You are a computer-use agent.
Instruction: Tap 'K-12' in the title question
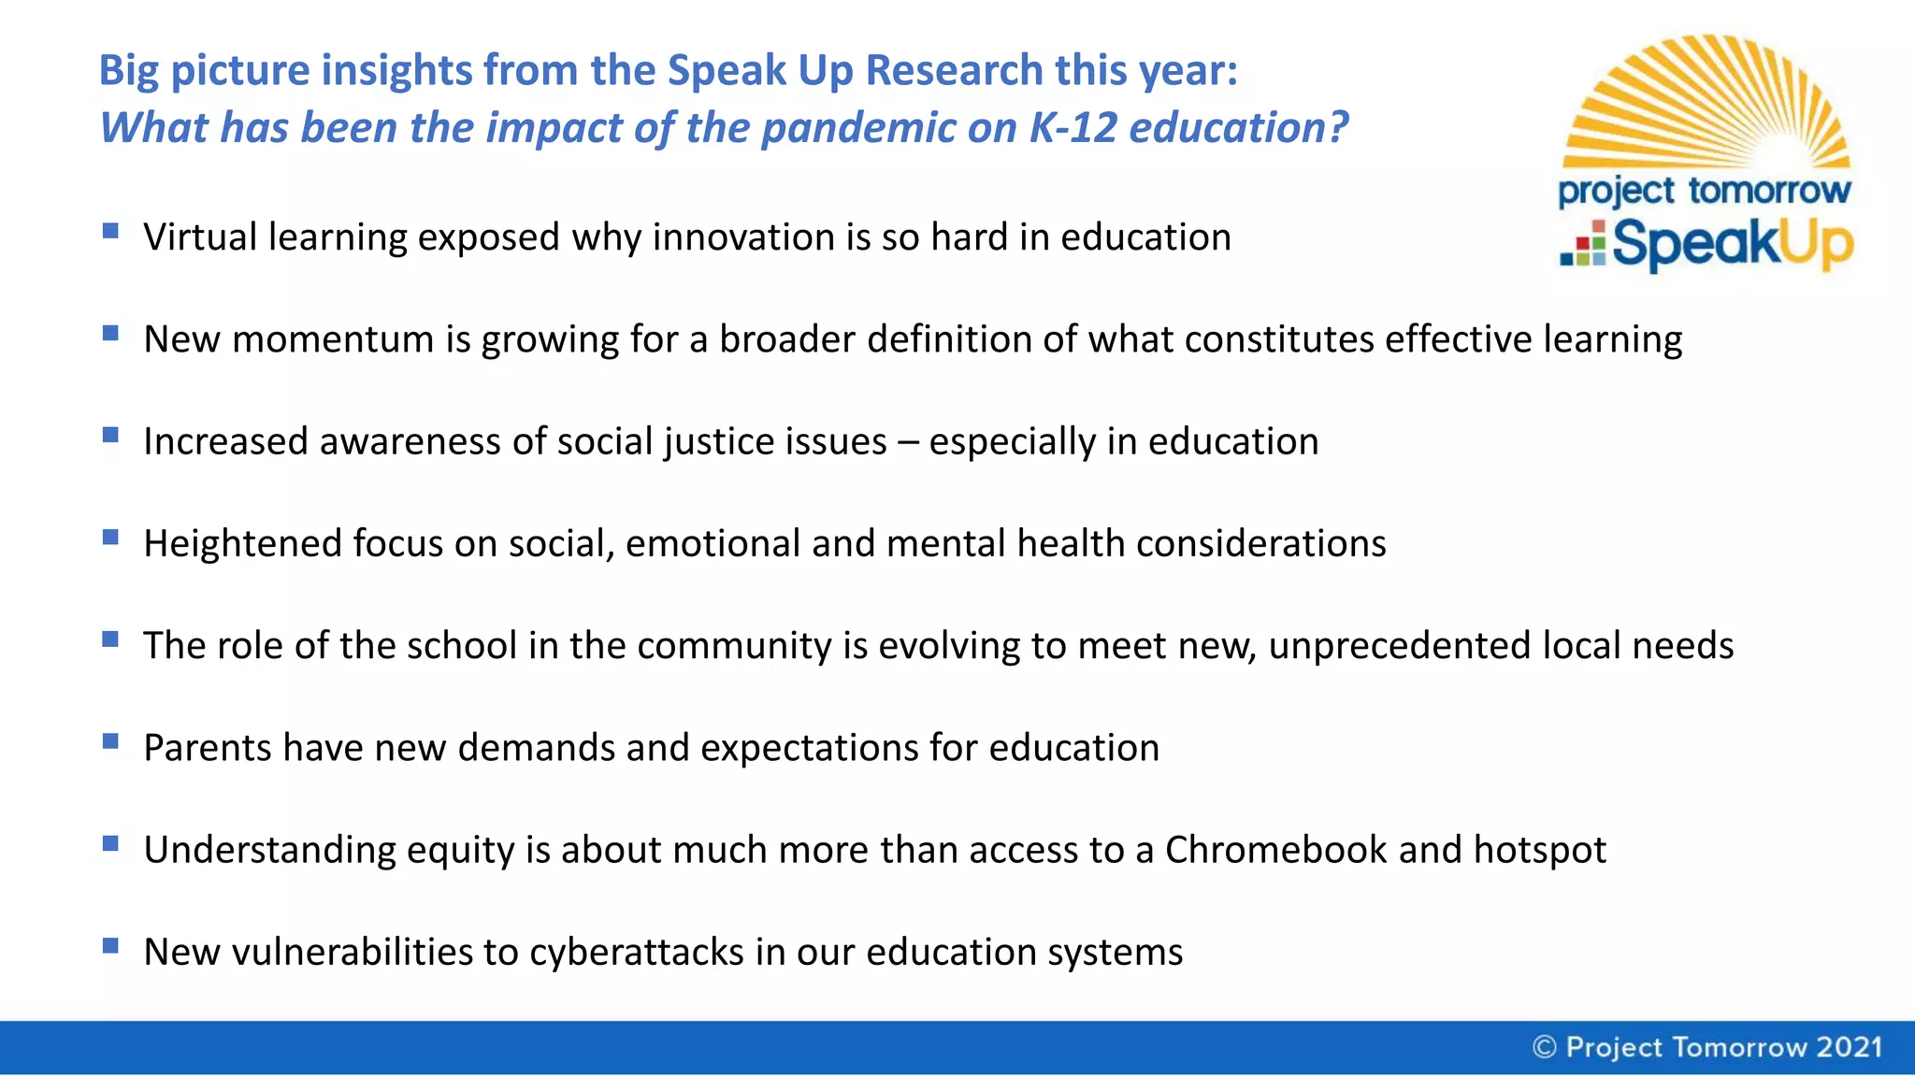coord(1073,128)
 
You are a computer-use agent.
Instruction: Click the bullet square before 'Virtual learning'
coord(110,231)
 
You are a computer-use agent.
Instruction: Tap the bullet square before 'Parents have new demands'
coord(110,741)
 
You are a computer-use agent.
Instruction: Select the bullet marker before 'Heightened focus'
coord(110,537)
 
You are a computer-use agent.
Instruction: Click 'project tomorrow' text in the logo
coord(1704,191)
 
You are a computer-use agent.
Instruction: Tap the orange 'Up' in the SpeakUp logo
coord(1814,245)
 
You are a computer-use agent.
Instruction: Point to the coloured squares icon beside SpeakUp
coord(1583,245)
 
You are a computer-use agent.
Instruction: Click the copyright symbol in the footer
coord(1544,1047)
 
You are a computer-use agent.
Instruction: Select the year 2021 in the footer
coord(1849,1047)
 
